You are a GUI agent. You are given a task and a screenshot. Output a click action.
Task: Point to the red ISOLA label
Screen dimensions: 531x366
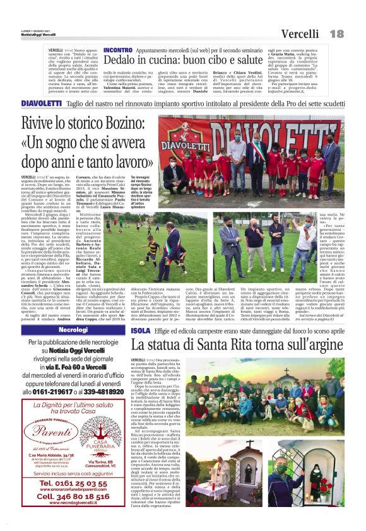coord(140,330)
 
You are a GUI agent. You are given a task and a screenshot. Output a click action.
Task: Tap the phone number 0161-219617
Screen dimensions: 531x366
coord(53,392)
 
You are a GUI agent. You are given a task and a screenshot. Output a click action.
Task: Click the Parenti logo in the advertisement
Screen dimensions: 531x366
coord(50,433)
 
